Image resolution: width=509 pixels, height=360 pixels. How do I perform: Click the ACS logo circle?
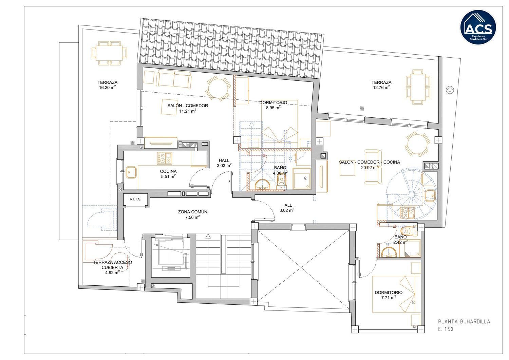(478, 27)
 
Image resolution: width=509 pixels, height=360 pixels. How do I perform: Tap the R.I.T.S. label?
(135, 199)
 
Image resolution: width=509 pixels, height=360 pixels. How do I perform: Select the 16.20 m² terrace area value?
(107, 87)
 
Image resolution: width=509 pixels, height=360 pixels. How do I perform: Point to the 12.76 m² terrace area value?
(381, 87)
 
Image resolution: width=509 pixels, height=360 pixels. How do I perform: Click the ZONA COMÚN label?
(192, 212)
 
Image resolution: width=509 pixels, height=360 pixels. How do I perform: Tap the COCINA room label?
(168, 171)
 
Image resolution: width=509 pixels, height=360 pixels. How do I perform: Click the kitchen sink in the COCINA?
(131, 172)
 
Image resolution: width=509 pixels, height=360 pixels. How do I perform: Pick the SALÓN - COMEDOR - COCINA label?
(370, 162)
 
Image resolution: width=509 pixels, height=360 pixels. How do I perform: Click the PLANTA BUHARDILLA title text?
(464, 322)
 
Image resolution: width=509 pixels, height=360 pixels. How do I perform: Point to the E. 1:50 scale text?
(446, 329)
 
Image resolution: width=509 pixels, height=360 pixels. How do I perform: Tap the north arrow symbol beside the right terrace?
(450, 90)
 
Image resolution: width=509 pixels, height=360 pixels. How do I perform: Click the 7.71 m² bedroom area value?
(389, 298)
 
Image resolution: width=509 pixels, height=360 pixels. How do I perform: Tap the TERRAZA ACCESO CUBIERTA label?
(112, 265)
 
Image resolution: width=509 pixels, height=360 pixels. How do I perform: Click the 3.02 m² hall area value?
(286, 210)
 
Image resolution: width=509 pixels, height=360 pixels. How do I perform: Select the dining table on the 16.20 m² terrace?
(109, 53)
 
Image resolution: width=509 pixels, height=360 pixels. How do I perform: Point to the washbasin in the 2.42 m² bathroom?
(389, 252)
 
